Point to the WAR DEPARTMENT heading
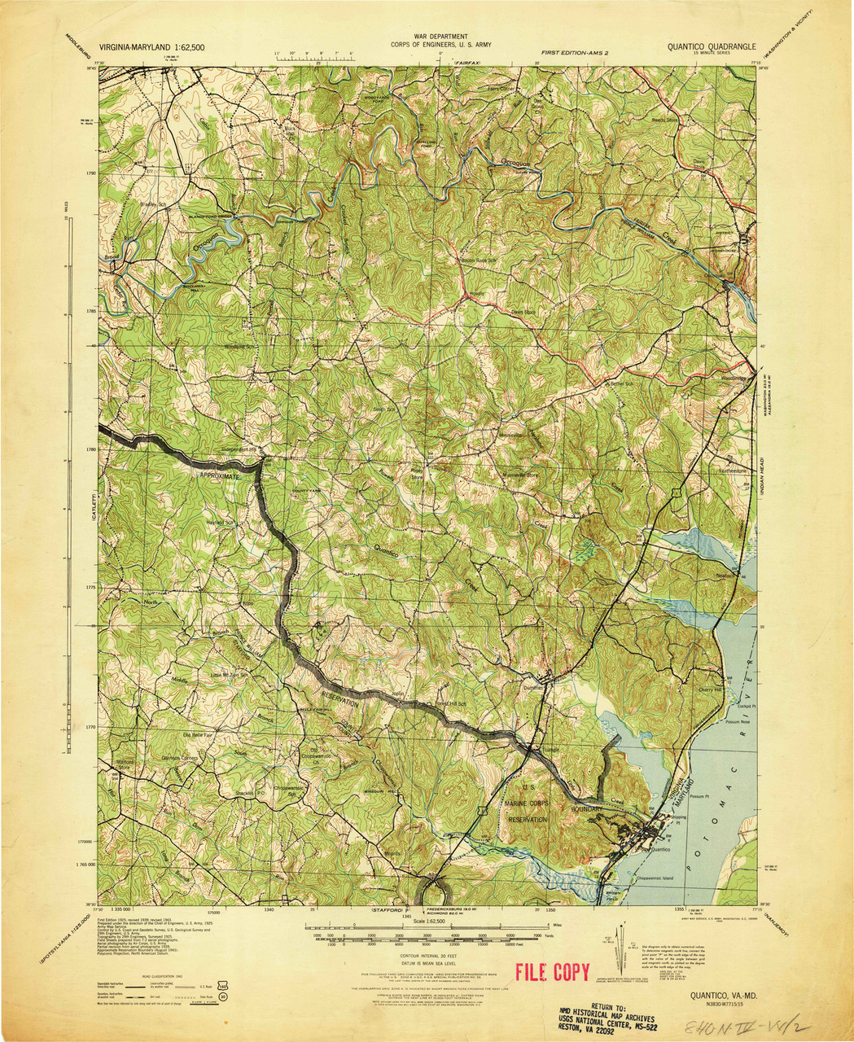click(x=440, y=37)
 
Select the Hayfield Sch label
click(x=219, y=523)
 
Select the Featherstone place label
click(x=720, y=471)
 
